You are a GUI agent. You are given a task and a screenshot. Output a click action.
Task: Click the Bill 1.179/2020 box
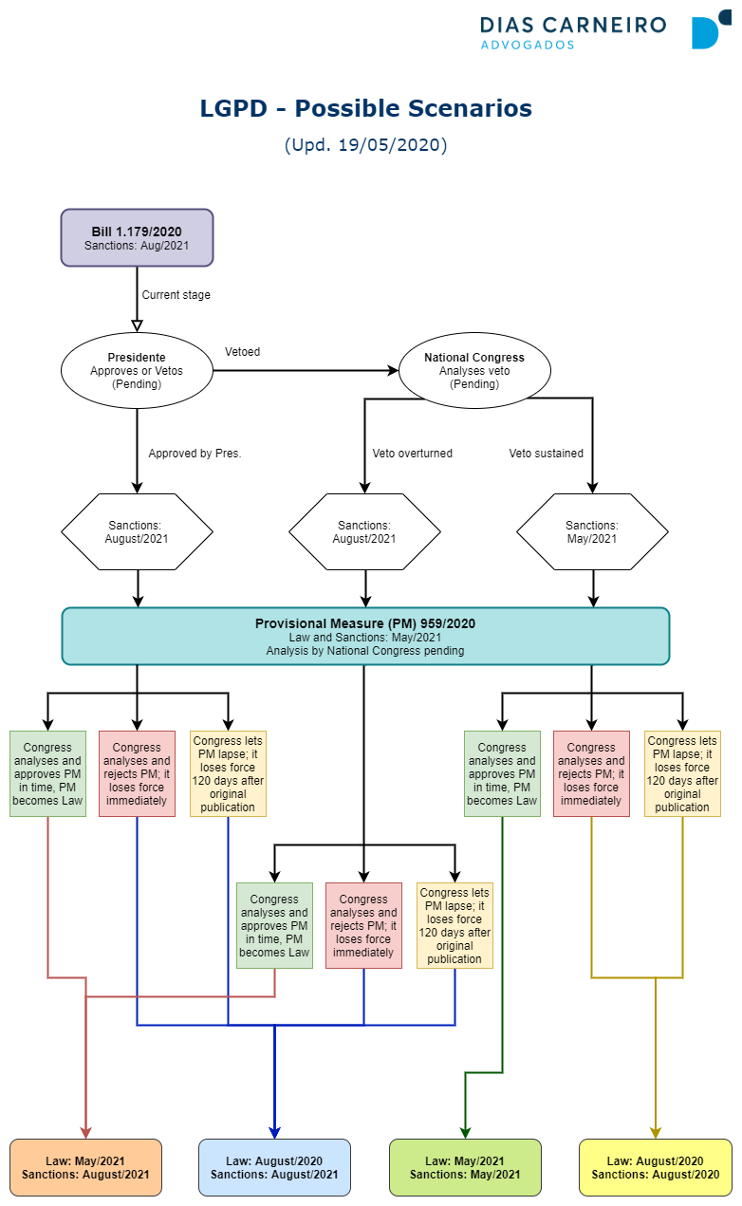point(137,237)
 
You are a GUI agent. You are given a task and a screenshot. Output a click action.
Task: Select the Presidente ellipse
point(137,370)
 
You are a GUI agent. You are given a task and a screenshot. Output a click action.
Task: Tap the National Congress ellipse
point(474,370)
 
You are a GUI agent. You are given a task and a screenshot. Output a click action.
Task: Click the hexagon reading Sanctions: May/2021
point(592,531)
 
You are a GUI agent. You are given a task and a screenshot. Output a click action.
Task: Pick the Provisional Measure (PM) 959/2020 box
point(365,637)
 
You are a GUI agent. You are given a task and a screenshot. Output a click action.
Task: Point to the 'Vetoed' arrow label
point(242,352)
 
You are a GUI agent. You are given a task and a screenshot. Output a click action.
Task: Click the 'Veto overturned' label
point(413,454)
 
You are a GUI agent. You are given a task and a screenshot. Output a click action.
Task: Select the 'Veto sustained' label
point(546,454)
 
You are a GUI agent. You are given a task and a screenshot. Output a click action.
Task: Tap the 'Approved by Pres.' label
point(195,454)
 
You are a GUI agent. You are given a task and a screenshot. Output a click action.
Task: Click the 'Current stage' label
point(176,295)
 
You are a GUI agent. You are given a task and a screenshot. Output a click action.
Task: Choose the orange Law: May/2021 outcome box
point(85,1167)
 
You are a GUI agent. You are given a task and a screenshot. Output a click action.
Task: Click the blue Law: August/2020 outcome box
point(274,1167)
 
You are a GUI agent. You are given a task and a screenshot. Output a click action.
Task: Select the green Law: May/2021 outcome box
point(465,1167)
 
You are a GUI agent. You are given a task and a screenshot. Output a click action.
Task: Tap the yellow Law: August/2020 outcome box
point(656,1167)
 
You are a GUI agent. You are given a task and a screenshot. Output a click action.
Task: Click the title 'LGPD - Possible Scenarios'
point(365,108)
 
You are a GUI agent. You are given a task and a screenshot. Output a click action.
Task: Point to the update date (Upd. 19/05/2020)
point(365,145)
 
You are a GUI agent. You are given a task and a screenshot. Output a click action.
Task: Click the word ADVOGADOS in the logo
point(528,46)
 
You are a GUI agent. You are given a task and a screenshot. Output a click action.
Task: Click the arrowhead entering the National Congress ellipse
point(393,370)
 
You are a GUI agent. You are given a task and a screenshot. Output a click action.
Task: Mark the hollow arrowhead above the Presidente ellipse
point(137,325)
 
